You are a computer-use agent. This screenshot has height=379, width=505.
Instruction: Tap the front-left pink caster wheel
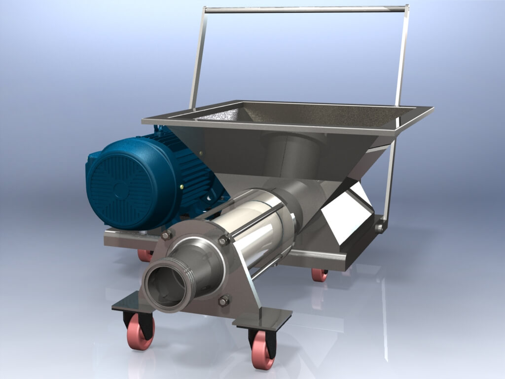[141, 334]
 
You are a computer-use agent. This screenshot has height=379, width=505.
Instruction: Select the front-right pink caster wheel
[262, 353]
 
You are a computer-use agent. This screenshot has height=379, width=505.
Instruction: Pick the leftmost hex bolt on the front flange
[166, 235]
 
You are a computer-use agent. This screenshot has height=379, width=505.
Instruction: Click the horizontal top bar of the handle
[306, 9]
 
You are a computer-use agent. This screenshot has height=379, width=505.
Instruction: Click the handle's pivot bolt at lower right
[380, 227]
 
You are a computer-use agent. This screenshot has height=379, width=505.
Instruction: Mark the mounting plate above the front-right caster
[261, 318]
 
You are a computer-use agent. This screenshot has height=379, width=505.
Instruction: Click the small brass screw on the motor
[181, 187]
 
